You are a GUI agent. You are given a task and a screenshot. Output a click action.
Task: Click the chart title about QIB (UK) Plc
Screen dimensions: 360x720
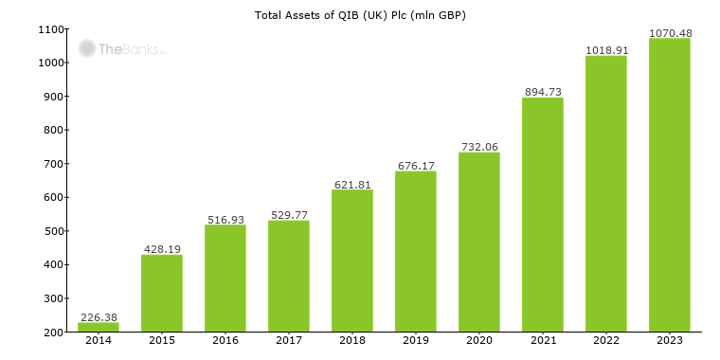tap(360, 15)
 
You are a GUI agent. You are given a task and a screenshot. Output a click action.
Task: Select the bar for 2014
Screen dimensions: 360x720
tap(99, 327)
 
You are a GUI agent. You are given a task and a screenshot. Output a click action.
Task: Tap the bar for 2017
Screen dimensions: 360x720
tap(289, 276)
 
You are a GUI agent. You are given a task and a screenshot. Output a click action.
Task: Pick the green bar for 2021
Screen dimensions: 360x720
tap(543, 214)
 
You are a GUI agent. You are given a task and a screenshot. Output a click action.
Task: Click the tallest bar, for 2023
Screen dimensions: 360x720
tap(670, 185)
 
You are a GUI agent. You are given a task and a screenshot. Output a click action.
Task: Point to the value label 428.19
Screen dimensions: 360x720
tap(162, 249)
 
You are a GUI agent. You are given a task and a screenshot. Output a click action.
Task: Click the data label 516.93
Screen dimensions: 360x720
tap(225, 220)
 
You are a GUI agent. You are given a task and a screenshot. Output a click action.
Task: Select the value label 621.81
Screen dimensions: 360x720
tap(352, 185)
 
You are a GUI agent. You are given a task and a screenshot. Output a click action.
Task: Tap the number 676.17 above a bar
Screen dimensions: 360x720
tap(416, 166)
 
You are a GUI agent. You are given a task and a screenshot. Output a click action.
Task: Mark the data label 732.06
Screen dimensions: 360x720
tap(479, 147)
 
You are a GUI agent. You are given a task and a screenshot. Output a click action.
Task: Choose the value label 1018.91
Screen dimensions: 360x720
tap(606, 50)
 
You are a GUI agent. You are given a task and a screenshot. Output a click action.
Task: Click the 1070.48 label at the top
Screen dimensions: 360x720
tap(670, 33)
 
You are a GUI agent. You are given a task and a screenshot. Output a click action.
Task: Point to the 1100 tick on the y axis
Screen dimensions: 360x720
tap(51, 29)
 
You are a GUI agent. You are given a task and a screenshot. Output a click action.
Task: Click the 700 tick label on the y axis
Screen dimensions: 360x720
tap(54, 164)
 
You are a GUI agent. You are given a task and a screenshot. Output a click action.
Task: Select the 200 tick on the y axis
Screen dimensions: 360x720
tap(54, 332)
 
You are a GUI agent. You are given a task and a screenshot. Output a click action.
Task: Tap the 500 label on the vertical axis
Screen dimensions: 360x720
tap(54, 231)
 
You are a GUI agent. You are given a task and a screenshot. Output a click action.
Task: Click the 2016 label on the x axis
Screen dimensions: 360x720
tap(225, 341)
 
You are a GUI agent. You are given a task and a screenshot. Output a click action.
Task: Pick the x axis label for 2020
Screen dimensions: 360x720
tap(479, 341)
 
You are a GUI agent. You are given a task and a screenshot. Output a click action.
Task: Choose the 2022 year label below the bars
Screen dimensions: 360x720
tap(606, 341)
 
